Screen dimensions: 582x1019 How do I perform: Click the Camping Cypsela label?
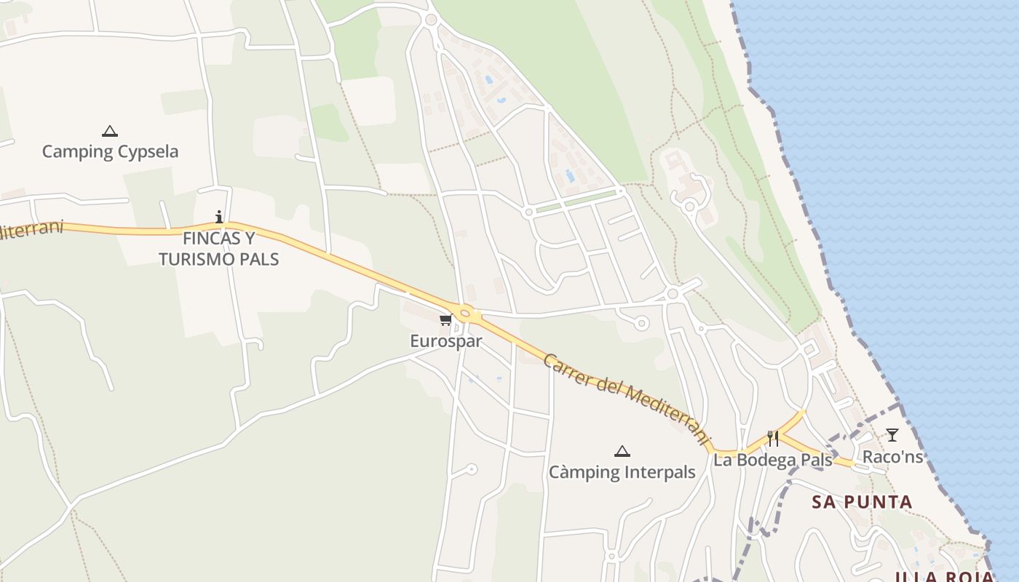coord(110,152)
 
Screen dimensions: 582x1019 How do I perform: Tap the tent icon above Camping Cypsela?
coord(110,131)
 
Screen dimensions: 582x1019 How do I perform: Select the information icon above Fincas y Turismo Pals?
coord(219,217)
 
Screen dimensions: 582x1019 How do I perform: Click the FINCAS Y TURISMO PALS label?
coord(219,249)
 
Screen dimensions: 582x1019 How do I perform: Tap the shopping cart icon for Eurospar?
coord(445,320)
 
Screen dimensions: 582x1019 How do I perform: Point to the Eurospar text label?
coord(445,341)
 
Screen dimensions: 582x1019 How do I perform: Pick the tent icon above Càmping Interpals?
coord(622,451)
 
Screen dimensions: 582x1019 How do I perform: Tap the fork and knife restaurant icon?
coord(773,438)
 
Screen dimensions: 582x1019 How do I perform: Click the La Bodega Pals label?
coord(772,461)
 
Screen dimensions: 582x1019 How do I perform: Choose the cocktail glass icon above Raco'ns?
coord(892,435)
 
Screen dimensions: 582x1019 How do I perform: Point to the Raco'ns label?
coord(892,457)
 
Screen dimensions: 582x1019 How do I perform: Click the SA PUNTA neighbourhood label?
coord(862,502)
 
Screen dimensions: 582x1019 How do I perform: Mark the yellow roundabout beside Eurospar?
coord(466,314)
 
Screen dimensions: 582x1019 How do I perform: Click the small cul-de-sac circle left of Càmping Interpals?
coord(472,469)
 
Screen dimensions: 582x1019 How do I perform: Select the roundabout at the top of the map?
coord(431,20)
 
